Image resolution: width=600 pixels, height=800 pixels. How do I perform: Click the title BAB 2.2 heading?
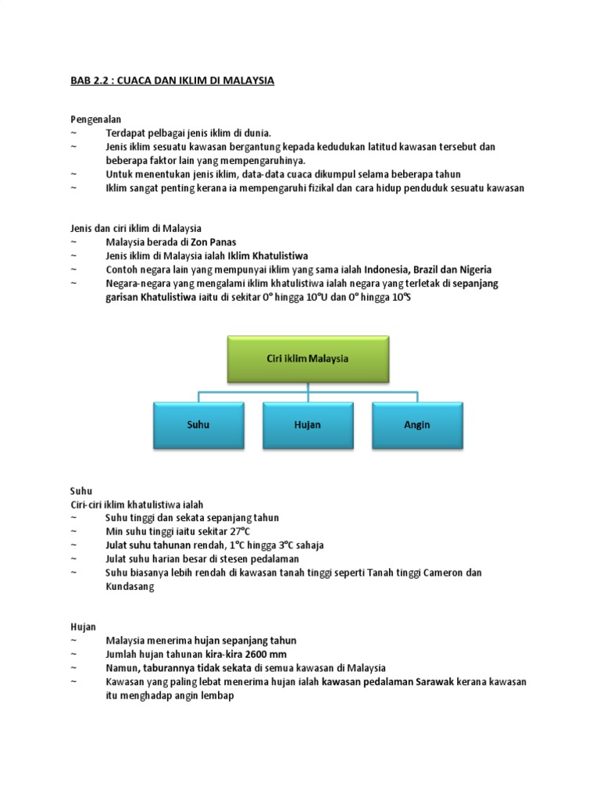(173, 80)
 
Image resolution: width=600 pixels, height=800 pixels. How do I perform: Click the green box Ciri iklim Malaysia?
(308, 359)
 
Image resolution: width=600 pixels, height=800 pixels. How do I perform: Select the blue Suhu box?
(198, 425)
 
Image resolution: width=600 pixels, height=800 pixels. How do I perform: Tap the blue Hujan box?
(308, 425)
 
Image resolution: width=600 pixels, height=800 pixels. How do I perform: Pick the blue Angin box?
(417, 425)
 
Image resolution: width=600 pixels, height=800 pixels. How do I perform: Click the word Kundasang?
(130, 587)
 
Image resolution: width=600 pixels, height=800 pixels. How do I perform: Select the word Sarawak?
(442, 681)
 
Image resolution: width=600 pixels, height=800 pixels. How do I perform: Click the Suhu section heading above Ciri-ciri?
(81, 491)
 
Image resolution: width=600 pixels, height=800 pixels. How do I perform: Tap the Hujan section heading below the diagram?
(83, 626)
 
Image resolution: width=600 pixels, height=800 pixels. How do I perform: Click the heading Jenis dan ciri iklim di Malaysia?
(136, 228)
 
